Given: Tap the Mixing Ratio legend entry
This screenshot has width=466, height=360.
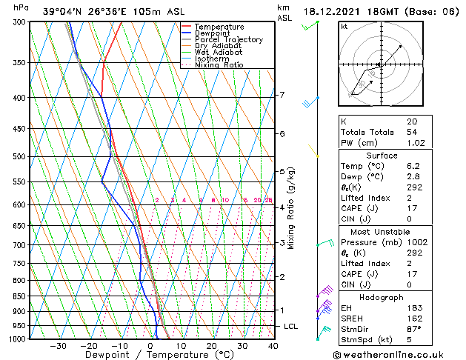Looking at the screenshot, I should click(219, 65).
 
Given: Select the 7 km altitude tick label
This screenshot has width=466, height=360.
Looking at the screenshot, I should click(282, 95).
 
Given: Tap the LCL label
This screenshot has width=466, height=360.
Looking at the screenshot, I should click(291, 326).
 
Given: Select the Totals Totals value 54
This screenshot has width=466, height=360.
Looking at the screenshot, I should click(412, 132).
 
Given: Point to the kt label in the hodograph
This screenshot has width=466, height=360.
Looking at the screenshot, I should click(344, 27).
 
